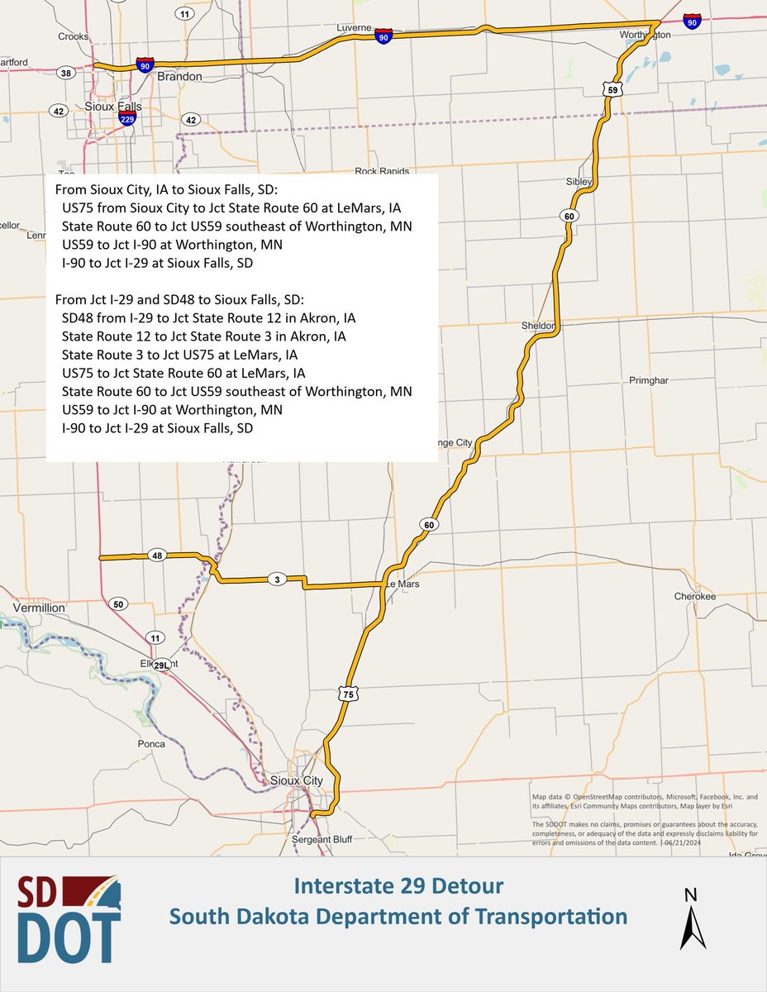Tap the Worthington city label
click(646, 36)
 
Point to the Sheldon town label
click(537, 326)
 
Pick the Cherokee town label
click(694, 596)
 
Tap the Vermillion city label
click(37, 608)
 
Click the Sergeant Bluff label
click(322, 839)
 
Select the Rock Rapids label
click(382, 171)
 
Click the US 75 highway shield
click(348, 695)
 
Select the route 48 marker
click(157, 556)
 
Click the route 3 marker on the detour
click(277, 579)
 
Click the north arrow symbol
click(693, 917)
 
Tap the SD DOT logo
click(69, 918)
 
